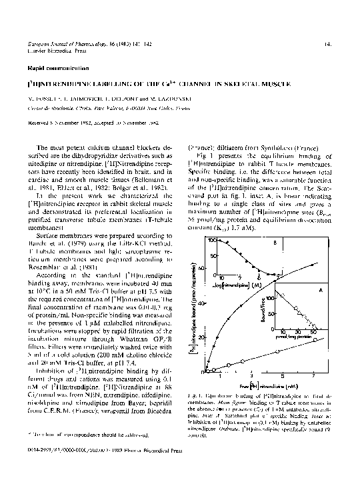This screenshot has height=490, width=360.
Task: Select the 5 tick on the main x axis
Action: click(x=289, y=376)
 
